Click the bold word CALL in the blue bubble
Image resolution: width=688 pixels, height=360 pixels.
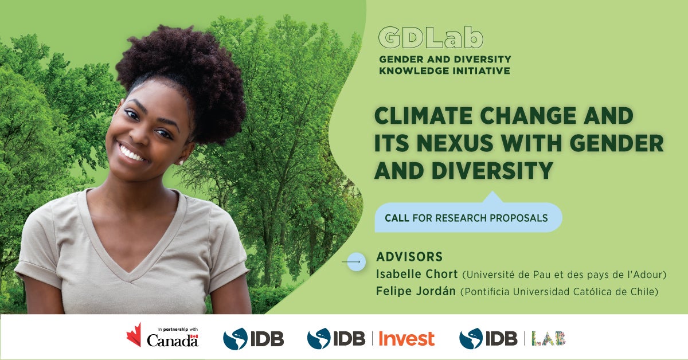(x=397, y=218)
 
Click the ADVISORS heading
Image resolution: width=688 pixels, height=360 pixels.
(x=409, y=256)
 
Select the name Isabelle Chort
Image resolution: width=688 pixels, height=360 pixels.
(x=416, y=274)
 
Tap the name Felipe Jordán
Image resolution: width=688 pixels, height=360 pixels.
(x=416, y=291)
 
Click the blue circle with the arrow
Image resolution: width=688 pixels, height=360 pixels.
(x=356, y=262)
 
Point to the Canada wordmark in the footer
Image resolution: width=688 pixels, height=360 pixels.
(x=173, y=340)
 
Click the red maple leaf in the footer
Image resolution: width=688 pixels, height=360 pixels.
(x=134, y=335)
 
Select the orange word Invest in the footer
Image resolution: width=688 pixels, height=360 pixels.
(x=406, y=339)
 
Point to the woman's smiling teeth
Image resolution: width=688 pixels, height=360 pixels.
(x=132, y=154)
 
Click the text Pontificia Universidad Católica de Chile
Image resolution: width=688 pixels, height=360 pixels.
(x=558, y=292)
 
